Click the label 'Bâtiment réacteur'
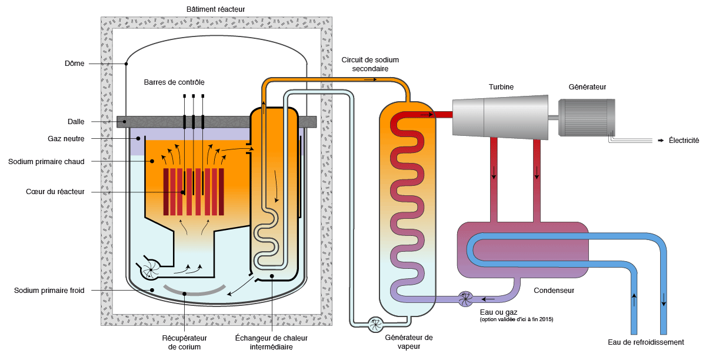click(x=215, y=9)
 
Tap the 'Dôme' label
click(x=75, y=64)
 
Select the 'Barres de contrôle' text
click(x=174, y=82)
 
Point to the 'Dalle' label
click(x=75, y=122)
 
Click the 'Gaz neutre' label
click(x=66, y=139)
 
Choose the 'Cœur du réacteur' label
click(x=55, y=192)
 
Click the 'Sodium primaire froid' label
click(x=49, y=291)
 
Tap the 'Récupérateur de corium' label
click(x=185, y=342)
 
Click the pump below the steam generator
click(x=374, y=324)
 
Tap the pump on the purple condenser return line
click(x=465, y=298)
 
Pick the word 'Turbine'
click(x=501, y=87)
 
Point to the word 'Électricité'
click(x=683, y=141)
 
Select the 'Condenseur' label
click(x=554, y=290)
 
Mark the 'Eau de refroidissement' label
click(x=646, y=342)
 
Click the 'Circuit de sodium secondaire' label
click(x=370, y=64)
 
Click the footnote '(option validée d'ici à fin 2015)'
click(x=517, y=319)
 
